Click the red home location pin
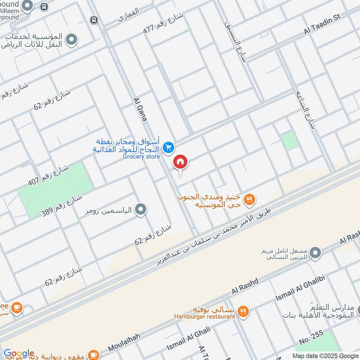tap(180, 162)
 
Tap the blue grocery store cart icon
tap(168, 147)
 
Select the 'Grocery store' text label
tap(141, 156)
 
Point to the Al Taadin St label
tap(322, 23)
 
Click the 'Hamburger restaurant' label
tap(205, 316)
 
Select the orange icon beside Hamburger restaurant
tap(243, 311)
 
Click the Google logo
tap(19, 353)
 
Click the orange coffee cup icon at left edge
tap(17, 308)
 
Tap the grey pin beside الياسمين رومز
tap(141, 209)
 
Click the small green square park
tap(290, 141)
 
